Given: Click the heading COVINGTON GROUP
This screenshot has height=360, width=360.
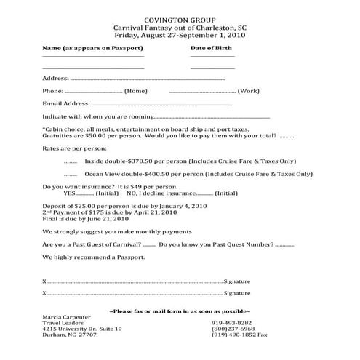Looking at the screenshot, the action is coord(179,15).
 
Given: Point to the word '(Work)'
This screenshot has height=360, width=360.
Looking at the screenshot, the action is coord(249,92).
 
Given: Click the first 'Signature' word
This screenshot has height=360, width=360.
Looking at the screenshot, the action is coord(237,281).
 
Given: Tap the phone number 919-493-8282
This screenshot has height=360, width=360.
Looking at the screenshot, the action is coord(232,323).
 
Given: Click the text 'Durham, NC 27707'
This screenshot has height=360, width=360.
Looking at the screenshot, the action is coord(69,335).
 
